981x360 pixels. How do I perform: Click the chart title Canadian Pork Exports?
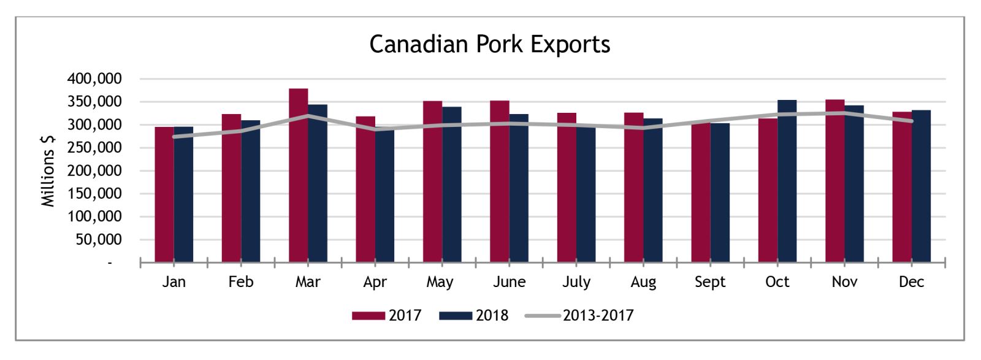[490, 45]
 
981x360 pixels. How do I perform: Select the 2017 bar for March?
[298, 175]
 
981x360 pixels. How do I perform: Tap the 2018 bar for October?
[787, 181]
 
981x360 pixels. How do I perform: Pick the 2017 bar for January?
[164, 194]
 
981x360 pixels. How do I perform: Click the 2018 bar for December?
[921, 186]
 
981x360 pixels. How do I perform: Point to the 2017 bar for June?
[500, 182]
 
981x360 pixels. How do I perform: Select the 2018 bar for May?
[451, 185]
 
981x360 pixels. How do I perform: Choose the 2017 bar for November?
[835, 181]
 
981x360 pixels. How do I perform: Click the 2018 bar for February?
[251, 191]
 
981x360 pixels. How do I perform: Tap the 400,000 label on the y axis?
[94, 79]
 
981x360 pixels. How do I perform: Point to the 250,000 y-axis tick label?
[94, 148]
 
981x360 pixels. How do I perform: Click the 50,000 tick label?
[99, 240]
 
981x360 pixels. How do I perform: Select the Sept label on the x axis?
[710, 282]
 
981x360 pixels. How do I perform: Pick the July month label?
[576, 282]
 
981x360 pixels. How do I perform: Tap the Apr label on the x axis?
[375, 282]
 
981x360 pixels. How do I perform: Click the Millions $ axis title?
[48, 170]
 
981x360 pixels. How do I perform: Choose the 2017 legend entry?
[387, 315]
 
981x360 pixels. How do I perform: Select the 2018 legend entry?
[474, 315]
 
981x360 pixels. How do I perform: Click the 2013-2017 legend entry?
[579, 315]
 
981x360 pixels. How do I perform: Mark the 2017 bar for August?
[634, 188]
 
